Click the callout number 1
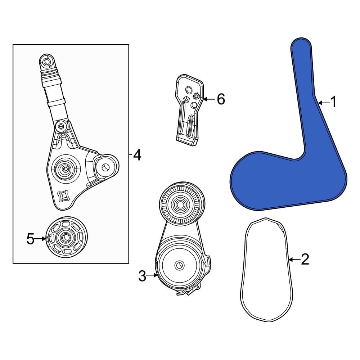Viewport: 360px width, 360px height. click(333, 102)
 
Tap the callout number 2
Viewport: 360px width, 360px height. click(305, 259)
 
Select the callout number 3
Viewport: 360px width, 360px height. click(142, 276)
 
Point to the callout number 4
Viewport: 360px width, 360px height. click(137, 155)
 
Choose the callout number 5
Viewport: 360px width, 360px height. click(31, 239)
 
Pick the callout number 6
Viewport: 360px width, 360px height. click(221, 99)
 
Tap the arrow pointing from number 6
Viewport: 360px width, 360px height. click(209, 99)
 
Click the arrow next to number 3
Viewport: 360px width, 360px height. click(152, 275)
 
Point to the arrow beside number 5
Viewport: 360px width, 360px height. click(41, 239)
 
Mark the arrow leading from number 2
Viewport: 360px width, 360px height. click(294, 260)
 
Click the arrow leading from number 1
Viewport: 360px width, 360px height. click(324, 103)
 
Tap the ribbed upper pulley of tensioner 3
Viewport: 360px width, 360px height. click(182, 203)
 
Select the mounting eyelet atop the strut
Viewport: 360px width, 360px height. click(47, 62)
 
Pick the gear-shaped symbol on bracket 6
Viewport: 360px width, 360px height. click(196, 96)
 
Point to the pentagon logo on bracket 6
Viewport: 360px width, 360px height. click(186, 99)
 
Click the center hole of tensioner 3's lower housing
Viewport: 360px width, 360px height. click(179, 265)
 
